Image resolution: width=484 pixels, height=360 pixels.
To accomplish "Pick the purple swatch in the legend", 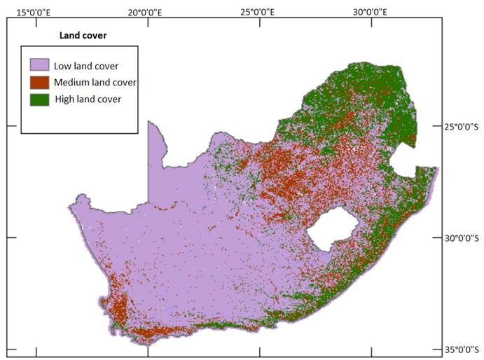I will pyautogui.click(x=39, y=66).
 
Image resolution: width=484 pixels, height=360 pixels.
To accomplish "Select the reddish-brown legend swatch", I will pyautogui.click(x=39, y=83).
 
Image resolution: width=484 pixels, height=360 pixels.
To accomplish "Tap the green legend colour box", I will pyautogui.click(x=39, y=99).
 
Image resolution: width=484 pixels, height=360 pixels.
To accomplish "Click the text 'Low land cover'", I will pyautogui.click(x=85, y=66).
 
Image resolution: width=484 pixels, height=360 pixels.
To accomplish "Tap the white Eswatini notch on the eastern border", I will pyautogui.click(x=404, y=165).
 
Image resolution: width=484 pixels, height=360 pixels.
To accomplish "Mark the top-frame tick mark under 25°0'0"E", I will pyautogui.click(x=260, y=21).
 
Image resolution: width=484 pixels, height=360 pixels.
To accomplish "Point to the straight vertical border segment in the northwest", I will pyautogui.click(x=148, y=161).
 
